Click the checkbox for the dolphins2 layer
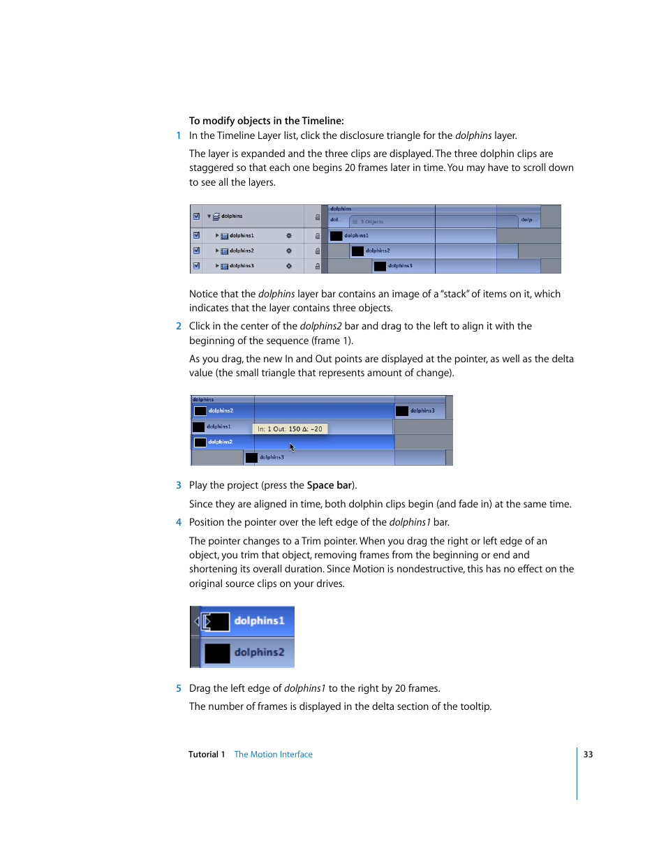click(196, 251)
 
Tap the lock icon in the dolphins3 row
click(317, 266)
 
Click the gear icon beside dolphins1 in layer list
click(288, 236)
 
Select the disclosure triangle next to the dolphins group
click(209, 216)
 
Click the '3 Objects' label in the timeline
click(371, 222)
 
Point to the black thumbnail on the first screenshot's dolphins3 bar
click(380, 266)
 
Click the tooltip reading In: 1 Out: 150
click(290, 429)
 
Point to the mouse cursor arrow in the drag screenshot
click(292, 447)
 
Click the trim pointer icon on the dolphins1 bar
click(206, 621)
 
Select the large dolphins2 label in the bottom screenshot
click(259, 653)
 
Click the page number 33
click(588, 755)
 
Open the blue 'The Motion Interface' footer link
click(273, 755)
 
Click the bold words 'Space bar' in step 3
click(330, 486)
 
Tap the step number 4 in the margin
click(179, 523)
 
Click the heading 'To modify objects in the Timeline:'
click(266, 121)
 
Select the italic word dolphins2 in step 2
click(320, 327)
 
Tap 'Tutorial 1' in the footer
click(207, 755)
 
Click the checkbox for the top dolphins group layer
click(196, 216)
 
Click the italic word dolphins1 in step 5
click(304, 689)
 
